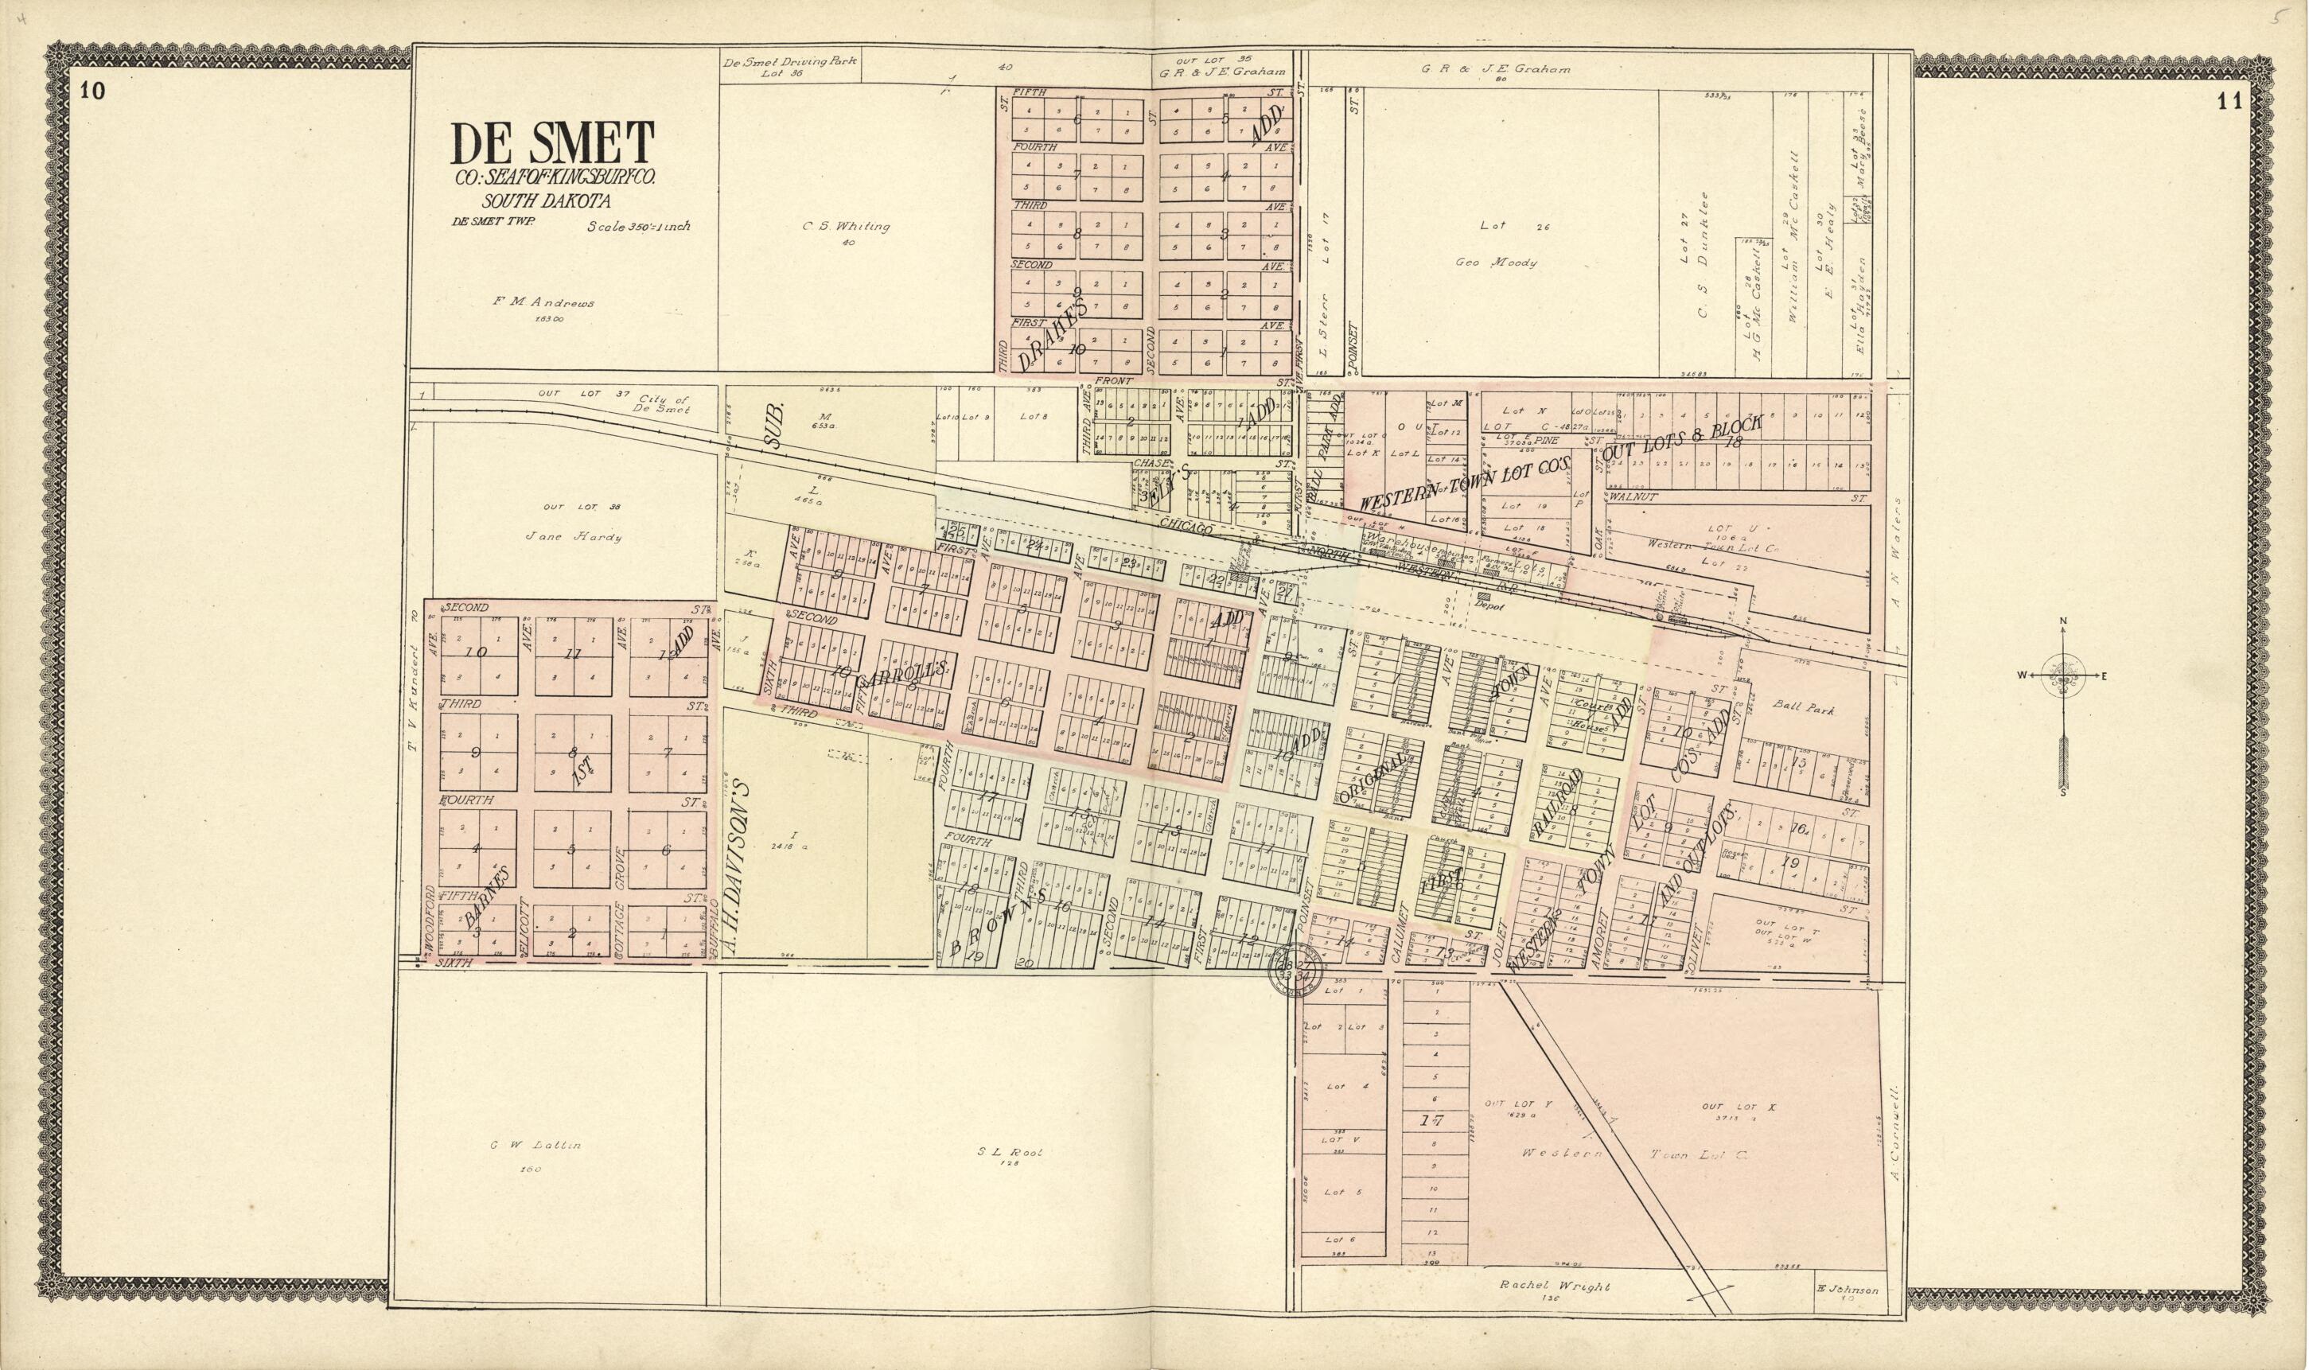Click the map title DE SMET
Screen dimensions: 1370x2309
pos(552,144)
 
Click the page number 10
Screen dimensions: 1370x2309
pos(92,91)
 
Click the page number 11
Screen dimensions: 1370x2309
pos(2228,102)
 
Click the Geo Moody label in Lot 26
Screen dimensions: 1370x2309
pos(1496,263)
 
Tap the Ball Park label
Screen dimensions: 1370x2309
pos(1803,709)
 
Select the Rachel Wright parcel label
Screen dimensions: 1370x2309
pos(1554,1285)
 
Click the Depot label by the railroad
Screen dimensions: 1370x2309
pos(1489,606)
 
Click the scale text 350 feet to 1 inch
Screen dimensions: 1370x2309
pos(638,225)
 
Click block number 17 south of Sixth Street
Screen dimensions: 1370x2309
pos(1432,1121)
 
